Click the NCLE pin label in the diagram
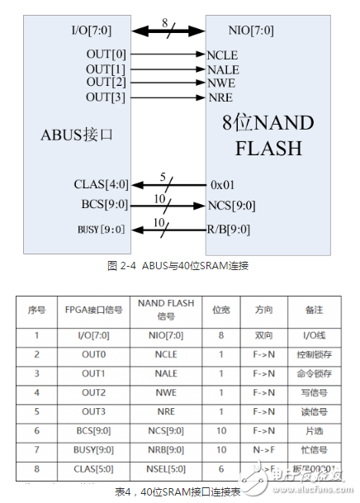[223, 55]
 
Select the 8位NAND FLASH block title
[268, 135]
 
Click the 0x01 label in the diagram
[225, 183]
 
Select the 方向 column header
[263, 310]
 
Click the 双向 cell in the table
[263, 335]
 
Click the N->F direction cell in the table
[263, 450]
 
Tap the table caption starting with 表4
[178, 491]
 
